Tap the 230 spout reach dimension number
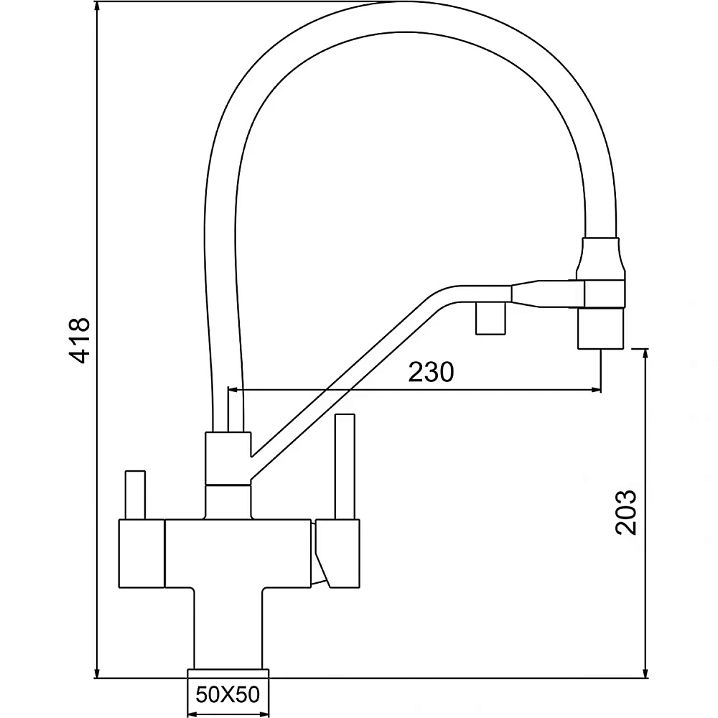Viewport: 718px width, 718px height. pos(431,373)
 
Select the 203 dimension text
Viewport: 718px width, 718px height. pos(627,512)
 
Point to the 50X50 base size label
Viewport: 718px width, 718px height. pos(228,694)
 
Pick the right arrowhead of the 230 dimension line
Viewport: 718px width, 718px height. pos(595,391)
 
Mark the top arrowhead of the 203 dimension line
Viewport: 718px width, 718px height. pos(648,354)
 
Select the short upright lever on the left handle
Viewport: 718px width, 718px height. pos(135,495)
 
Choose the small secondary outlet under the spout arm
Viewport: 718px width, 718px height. pos(491,319)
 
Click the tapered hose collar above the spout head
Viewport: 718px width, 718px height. pos(602,257)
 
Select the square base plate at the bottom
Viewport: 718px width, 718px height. pos(228,672)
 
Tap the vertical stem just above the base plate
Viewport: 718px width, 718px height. pos(228,628)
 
